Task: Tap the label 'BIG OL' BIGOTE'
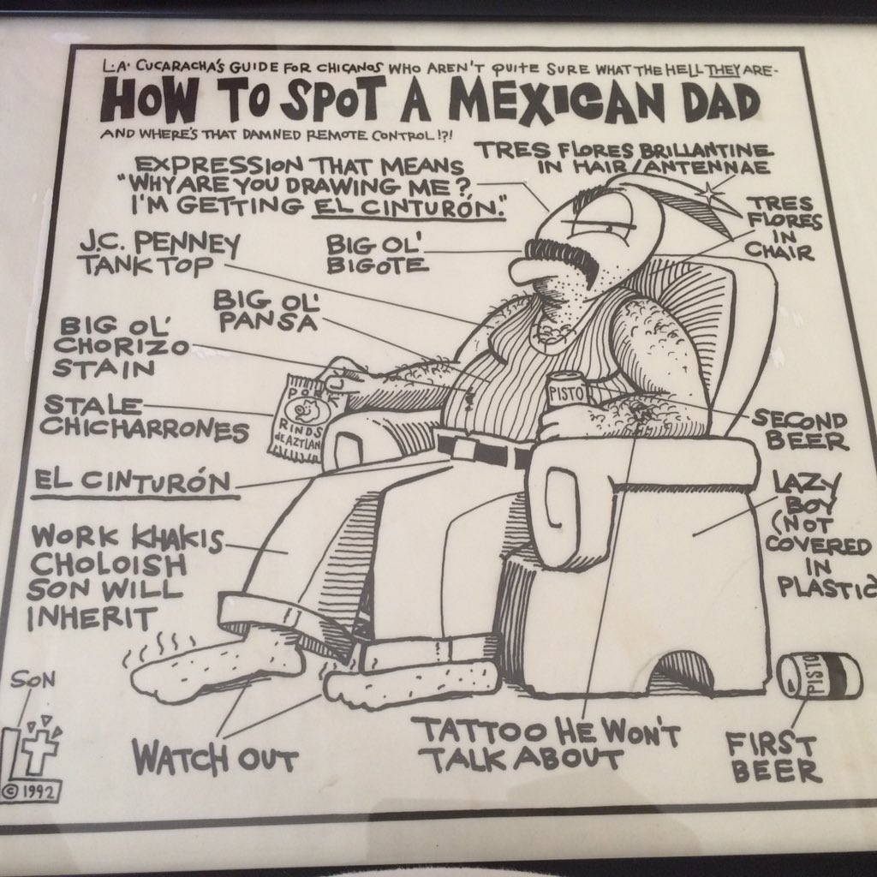376,255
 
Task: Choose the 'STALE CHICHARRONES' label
146,417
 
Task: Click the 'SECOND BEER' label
797,430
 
